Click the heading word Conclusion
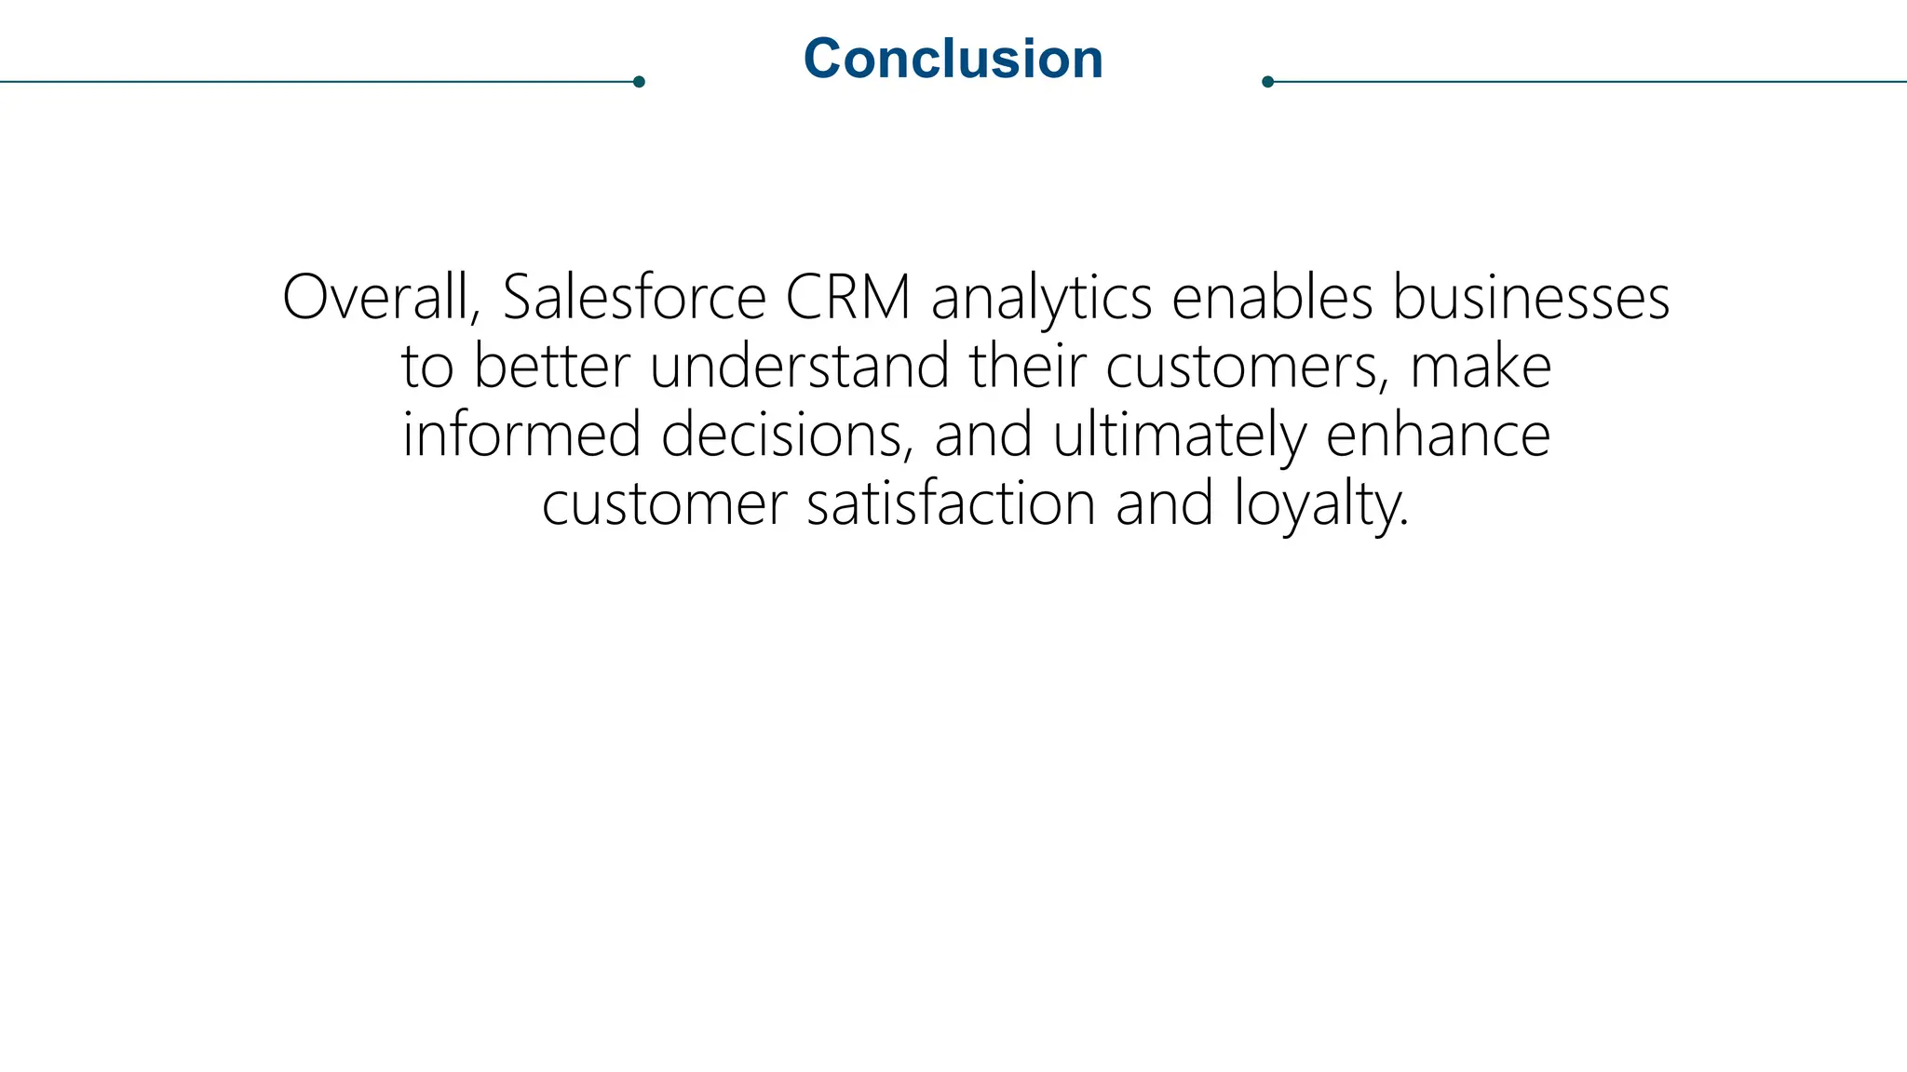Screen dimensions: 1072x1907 click(x=953, y=59)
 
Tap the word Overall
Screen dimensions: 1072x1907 click(x=381, y=298)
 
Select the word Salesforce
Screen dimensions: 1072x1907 click(x=634, y=298)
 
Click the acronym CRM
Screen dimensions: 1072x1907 click(x=847, y=298)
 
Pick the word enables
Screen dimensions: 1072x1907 click(x=1272, y=298)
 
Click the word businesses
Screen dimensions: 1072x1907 click(x=1531, y=298)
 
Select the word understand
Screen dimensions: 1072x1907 click(x=799, y=367)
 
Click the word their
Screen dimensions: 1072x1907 click(x=1026, y=367)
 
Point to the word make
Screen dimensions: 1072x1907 click(x=1481, y=367)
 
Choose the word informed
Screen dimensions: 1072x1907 click(x=521, y=435)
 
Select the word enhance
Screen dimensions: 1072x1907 click(x=1438, y=435)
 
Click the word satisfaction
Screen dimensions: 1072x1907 click(x=951, y=504)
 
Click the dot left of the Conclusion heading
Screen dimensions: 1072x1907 click(x=639, y=82)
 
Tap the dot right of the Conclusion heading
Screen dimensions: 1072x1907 click(x=1267, y=82)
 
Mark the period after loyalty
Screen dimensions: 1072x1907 click(x=1403, y=524)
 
